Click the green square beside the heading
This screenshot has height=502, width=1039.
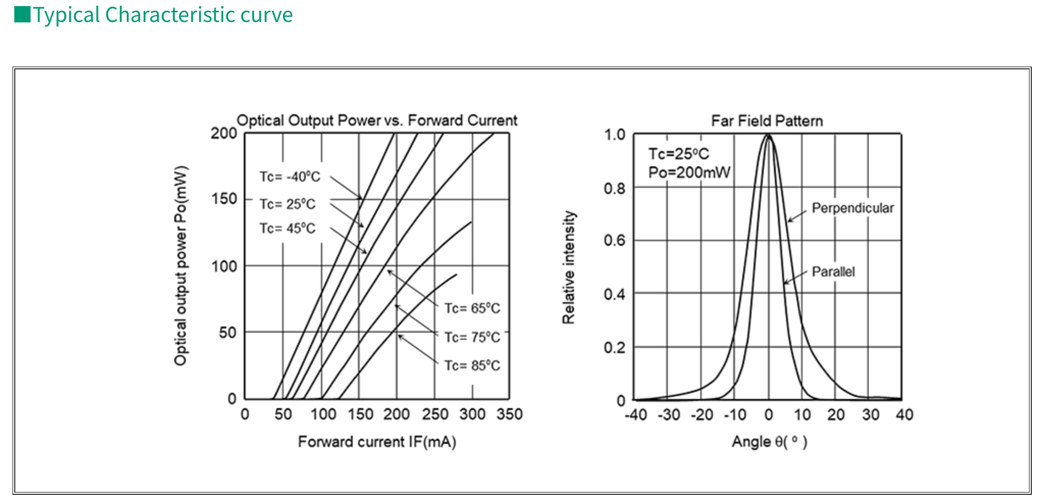click(x=22, y=15)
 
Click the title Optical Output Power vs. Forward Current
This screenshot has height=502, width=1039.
click(x=377, y=120)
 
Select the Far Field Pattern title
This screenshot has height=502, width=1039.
click(x=767, y=121)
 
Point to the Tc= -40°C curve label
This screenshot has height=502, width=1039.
click(x=290, y=177)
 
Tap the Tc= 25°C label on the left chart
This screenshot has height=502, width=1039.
click(x=288, y=204)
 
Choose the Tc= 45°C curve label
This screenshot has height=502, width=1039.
click(x=288, y=228)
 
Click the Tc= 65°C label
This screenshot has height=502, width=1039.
click(x=472, y=308)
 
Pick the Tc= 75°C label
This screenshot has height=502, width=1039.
click(x=472, y=337)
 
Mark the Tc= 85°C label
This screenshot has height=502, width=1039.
click(x=472, y=365)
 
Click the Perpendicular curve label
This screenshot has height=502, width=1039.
click(x=852, y=208)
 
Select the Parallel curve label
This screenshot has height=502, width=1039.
click(x=833, y=271)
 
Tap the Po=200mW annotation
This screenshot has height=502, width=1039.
click(x=689, y=172)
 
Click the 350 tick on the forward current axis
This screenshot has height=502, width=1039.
click(x=509, y=414)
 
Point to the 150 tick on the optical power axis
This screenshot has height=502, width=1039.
click(x=224, y=199)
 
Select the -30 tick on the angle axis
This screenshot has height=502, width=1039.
click(x=668, y=415)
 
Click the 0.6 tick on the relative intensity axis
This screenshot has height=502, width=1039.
click(x=614, y=240)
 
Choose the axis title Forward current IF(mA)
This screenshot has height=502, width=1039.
click(x=377, y=442)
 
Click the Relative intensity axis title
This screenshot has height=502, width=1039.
click(x=568, y=267)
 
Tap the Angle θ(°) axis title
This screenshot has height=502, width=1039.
click(x=769, y=442)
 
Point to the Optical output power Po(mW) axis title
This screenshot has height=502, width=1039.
click(x=181, y=266)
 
